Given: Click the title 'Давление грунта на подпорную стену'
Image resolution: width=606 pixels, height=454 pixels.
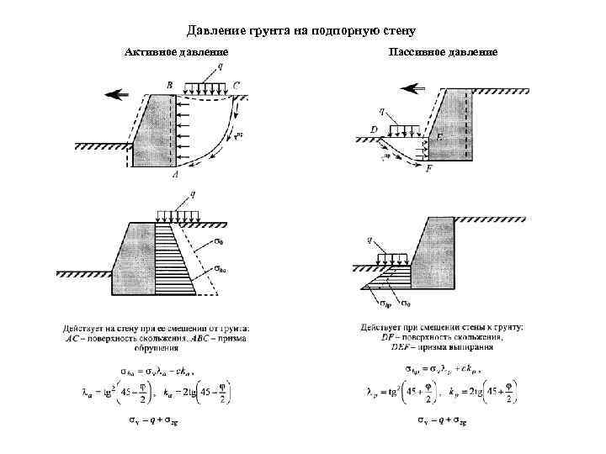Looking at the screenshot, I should point(302,32).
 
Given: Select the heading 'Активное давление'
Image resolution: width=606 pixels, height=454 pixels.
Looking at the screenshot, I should point(176,53).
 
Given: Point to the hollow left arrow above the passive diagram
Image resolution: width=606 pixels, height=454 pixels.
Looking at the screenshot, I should point(412,87).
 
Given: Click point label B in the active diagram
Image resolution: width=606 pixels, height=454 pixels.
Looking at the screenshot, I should point(170,85).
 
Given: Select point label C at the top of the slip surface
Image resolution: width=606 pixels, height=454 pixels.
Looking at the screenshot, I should point(237,85).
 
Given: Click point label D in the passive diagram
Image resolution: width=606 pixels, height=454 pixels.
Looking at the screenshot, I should point(374,129).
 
